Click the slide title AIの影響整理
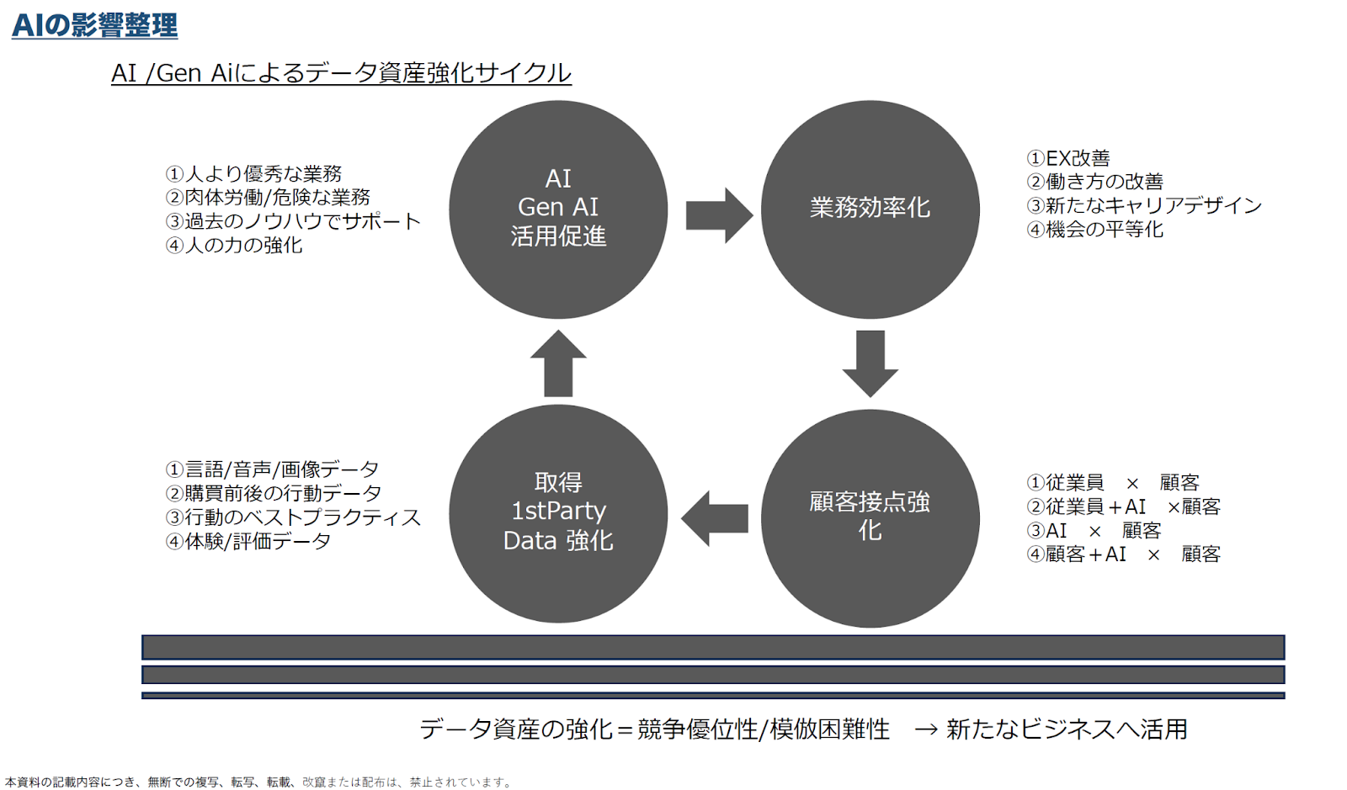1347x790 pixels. (x=94, y=25)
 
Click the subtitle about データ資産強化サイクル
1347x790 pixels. (x=341, y=73)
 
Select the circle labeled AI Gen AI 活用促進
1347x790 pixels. (x=558, y=209)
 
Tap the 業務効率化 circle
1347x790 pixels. (x=870, y=209)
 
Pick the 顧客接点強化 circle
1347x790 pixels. (x=870, y=518)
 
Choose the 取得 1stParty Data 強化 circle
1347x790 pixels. (x=558, y=514)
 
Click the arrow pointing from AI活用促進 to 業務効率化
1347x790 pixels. (x=719, y=215)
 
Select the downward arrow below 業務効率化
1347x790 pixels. (x=870, y=363)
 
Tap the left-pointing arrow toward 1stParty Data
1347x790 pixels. (x=715, y=518)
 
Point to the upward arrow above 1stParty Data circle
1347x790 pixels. (x=558, y=363)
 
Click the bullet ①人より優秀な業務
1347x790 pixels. (x=253, y=173)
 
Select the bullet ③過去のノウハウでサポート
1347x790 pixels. (x=293, y=221)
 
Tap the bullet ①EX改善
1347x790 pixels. (x=1068, y=158)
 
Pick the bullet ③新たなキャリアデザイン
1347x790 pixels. (x=1144, y=205)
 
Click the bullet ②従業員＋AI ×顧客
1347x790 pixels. (x=1123, y=506)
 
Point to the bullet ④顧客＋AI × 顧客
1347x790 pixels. (x=1123, y=554)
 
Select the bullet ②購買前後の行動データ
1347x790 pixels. (x=273, y=493)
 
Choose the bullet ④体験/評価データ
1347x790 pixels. (x=248, y=541)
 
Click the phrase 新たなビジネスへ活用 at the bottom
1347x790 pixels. (x=1067, y=729)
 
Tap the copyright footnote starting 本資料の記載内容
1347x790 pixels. (x=258, y=782)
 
